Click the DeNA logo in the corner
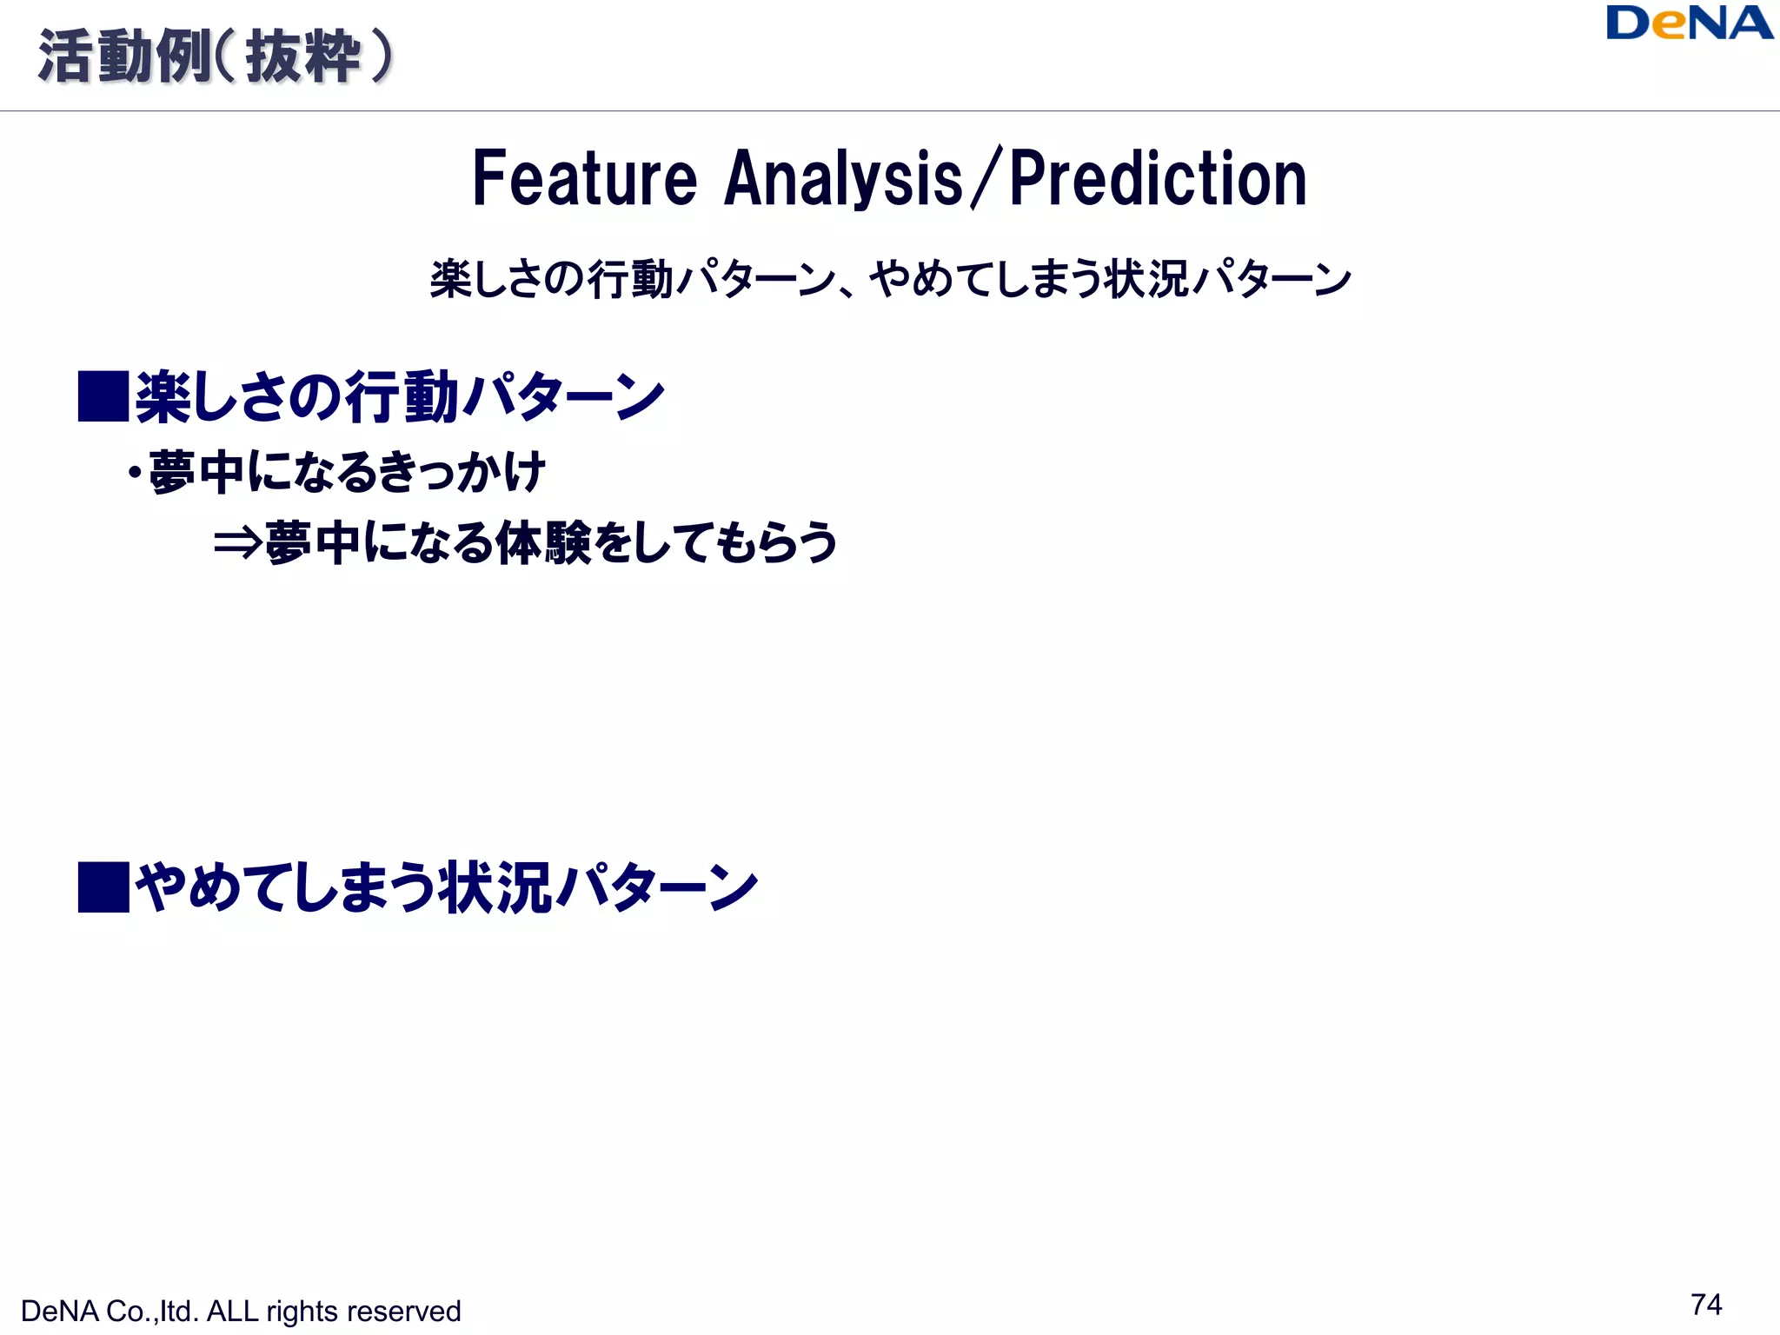[x=1689, y=23]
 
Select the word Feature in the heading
[x=584, y=179]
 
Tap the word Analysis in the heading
[x=843, y=179]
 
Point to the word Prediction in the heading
[x=1158, y=179]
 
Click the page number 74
[x=1706, y=1305]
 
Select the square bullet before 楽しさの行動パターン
[x=103, y=396]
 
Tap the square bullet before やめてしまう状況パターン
[x=103, y=887]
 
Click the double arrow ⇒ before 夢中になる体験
[x=237, y=543]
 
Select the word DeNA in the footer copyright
[x=59, y=1312]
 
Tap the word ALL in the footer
[x=232, y=1312]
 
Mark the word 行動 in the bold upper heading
[x=402, y=397]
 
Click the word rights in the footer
[x=302, y=1312]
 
